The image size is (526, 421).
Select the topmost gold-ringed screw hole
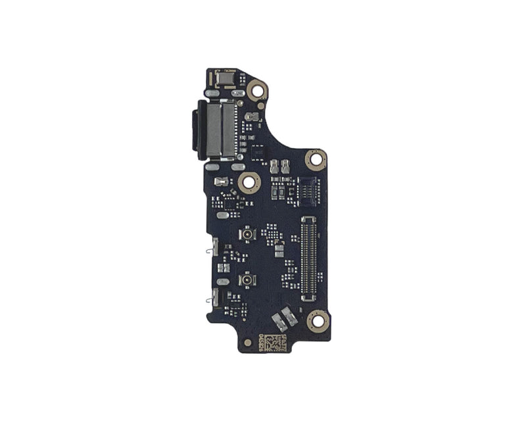[257, 89]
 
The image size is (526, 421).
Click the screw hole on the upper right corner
[316, 159]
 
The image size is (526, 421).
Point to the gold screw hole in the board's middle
[249, 183]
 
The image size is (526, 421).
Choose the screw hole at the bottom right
[318, 321]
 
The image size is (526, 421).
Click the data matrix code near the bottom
[277, 342]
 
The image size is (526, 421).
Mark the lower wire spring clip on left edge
[210, 301]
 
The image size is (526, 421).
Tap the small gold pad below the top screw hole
[261, 105]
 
